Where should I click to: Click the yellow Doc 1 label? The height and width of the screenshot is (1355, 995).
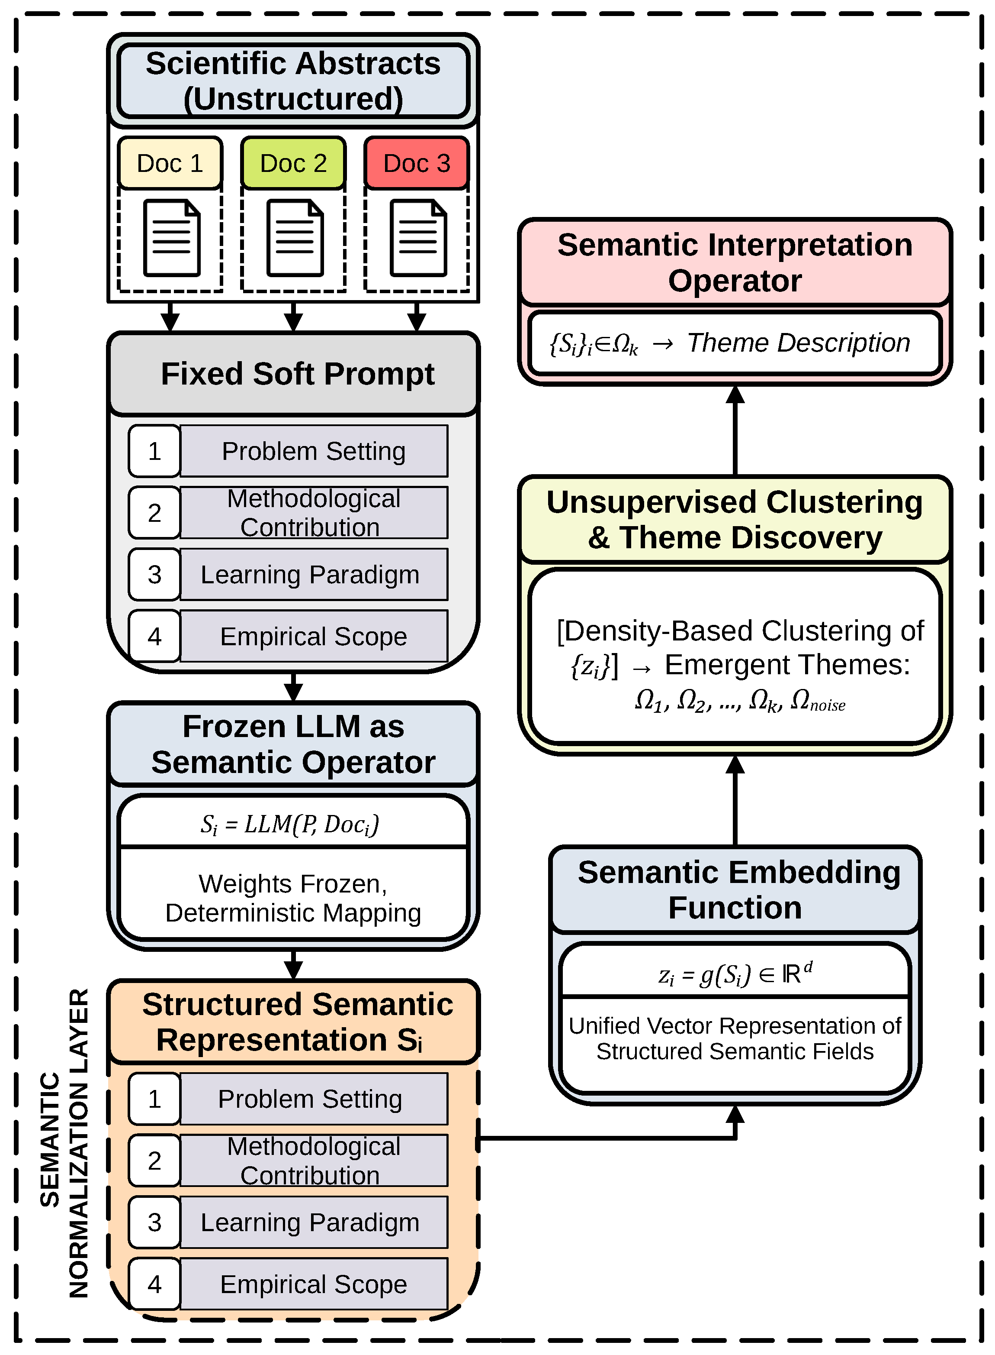tap(170, 163)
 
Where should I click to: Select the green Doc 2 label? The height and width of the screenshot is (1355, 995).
tap(293, 163)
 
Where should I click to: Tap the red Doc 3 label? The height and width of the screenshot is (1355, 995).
tap(417, 163)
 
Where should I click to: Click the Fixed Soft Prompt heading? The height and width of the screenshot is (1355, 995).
tap(298, 374)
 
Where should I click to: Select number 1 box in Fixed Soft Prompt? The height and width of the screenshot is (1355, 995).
tap(154, 451)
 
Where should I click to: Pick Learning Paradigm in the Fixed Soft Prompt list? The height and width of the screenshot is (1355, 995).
tap(310, 574)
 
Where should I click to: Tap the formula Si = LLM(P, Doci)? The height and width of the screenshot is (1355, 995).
tap(290, 824)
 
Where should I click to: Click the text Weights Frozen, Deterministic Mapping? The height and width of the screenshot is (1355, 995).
tap(293, 898)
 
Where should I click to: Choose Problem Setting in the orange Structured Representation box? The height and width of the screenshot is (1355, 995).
tap(310, 1099)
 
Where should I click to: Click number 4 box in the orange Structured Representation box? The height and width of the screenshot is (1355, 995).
tap(154, 1284)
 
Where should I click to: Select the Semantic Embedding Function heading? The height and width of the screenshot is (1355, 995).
tap(738, 889)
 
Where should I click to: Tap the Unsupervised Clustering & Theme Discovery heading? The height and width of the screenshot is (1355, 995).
tap(735, 520)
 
